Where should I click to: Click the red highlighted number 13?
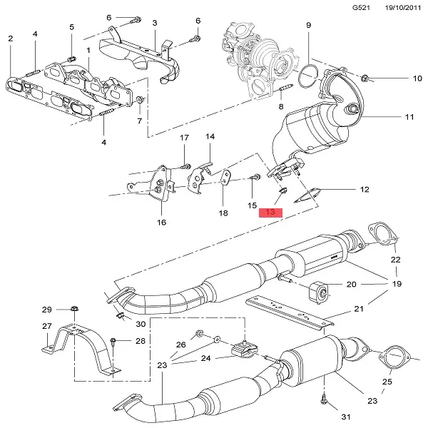[x=271, y=213]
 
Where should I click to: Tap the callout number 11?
[x=409, y=116]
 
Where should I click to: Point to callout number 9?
[x=309, y=26]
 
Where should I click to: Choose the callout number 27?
[x=47, y=326]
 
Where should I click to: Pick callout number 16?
[x=161, y=223]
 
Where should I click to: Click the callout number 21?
[x=358, y=309]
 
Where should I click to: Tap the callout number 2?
[x=11, y=39]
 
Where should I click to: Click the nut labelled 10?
[x=365, y=76]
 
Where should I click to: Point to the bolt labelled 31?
[x=325, y=400]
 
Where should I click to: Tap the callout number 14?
[x=210, y=136]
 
